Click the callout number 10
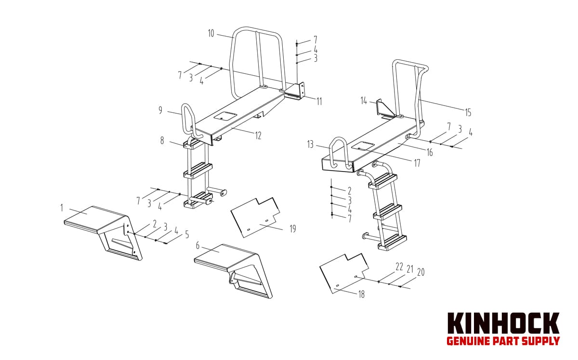click(x=211, y=33)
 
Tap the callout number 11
click(x=319, y=102)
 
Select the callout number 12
click(x=258, y=135)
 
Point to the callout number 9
click(x=160, y=110)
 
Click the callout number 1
click(x=62, y=208)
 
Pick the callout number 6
click(x=197, y=246)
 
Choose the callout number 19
click(x=293, y=229)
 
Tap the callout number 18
click(x=362, y=294)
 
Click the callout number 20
click(x=420, y=272)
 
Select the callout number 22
click(x=399, y=267)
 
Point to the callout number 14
click(x=364, y=101)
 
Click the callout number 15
click(x=468, y=113)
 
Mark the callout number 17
click(x=417, y=163)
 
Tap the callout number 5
click(x=187, y=235)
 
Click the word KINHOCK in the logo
click(x=503, y=323)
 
